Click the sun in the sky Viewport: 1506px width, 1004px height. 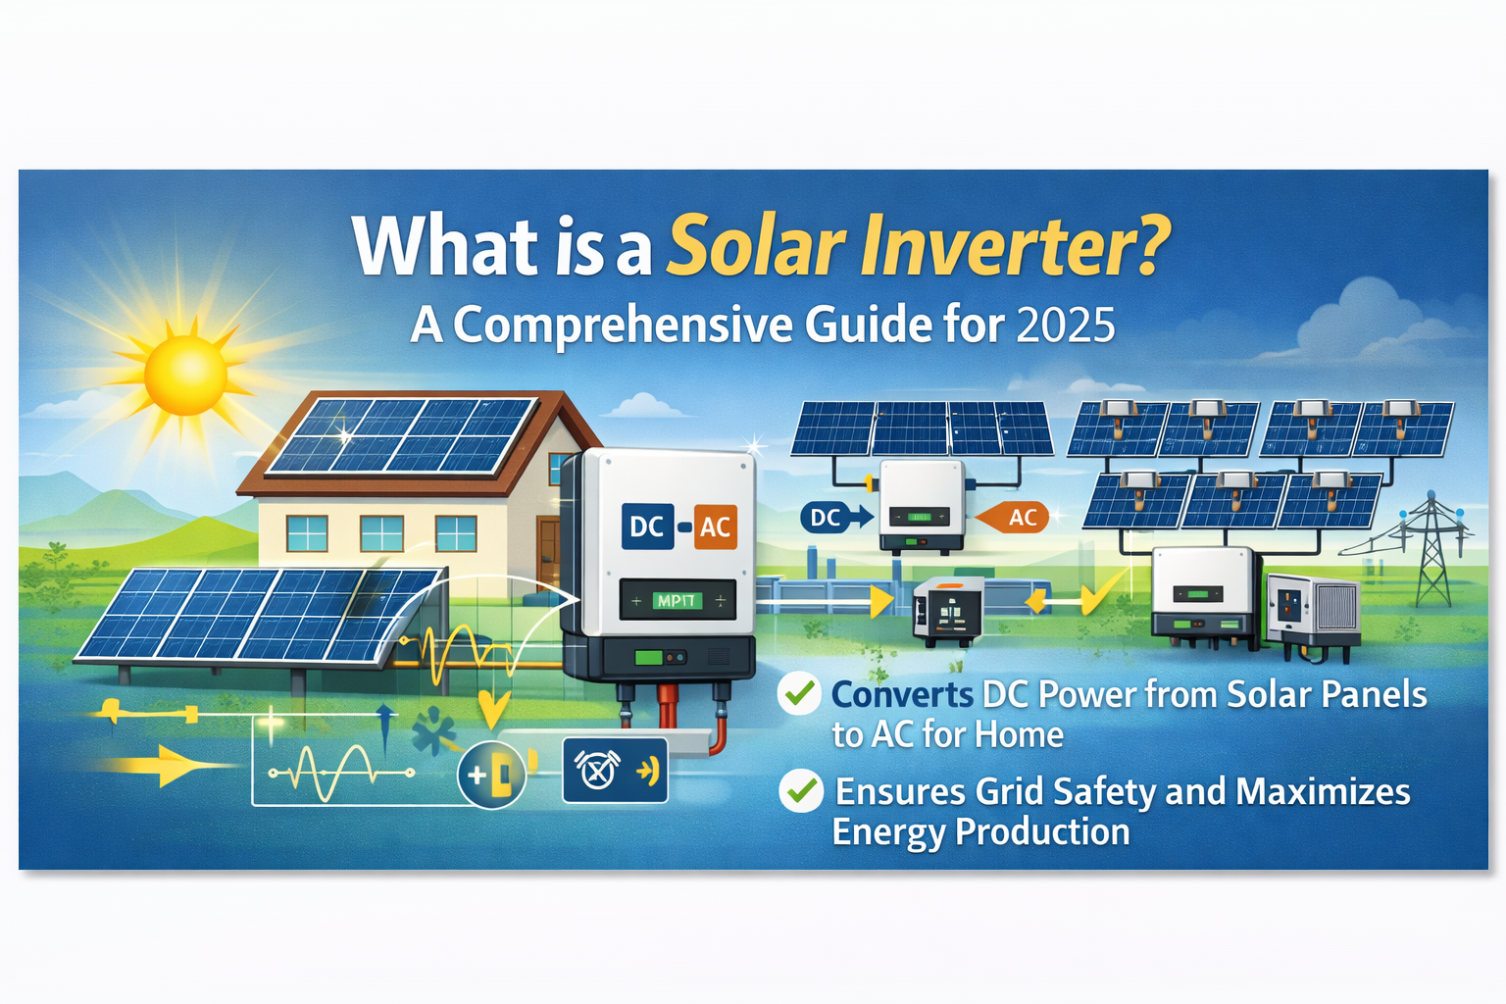[185, 373]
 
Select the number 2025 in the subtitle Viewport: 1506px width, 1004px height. [1066, 326]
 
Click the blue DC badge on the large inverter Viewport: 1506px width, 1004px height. [647, 527]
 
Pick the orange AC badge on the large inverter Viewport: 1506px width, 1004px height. [715, 527]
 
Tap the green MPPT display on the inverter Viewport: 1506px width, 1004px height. [677, 600]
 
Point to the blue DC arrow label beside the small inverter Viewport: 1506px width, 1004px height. [827, 518]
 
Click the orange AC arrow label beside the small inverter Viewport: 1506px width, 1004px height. [1020, 518]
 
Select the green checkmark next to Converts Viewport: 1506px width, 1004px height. [799, 693]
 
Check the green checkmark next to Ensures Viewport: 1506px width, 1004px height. [801, 790]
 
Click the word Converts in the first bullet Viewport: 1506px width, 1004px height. [902, 694]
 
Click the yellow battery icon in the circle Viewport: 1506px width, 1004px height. [492, 776]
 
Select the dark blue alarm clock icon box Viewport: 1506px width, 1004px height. [615, 771]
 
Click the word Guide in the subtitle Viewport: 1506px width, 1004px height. [869, 326]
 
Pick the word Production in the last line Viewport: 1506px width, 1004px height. [1042, 831]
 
